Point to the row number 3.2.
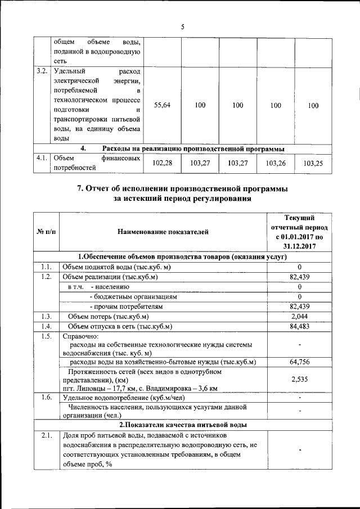click(x=41, y=71)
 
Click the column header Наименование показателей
click(x=163, y=231)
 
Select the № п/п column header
click(x=46, y=231)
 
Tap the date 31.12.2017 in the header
click(x=299, y=246)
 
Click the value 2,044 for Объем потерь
click(x=300, y=317)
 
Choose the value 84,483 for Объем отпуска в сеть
click(x=300, y=327)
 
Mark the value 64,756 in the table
click(x=300, y=362)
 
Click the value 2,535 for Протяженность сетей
click(x=300, y=380)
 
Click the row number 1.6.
click(x=46, y=397)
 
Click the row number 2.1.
click(x=46, y=435)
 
